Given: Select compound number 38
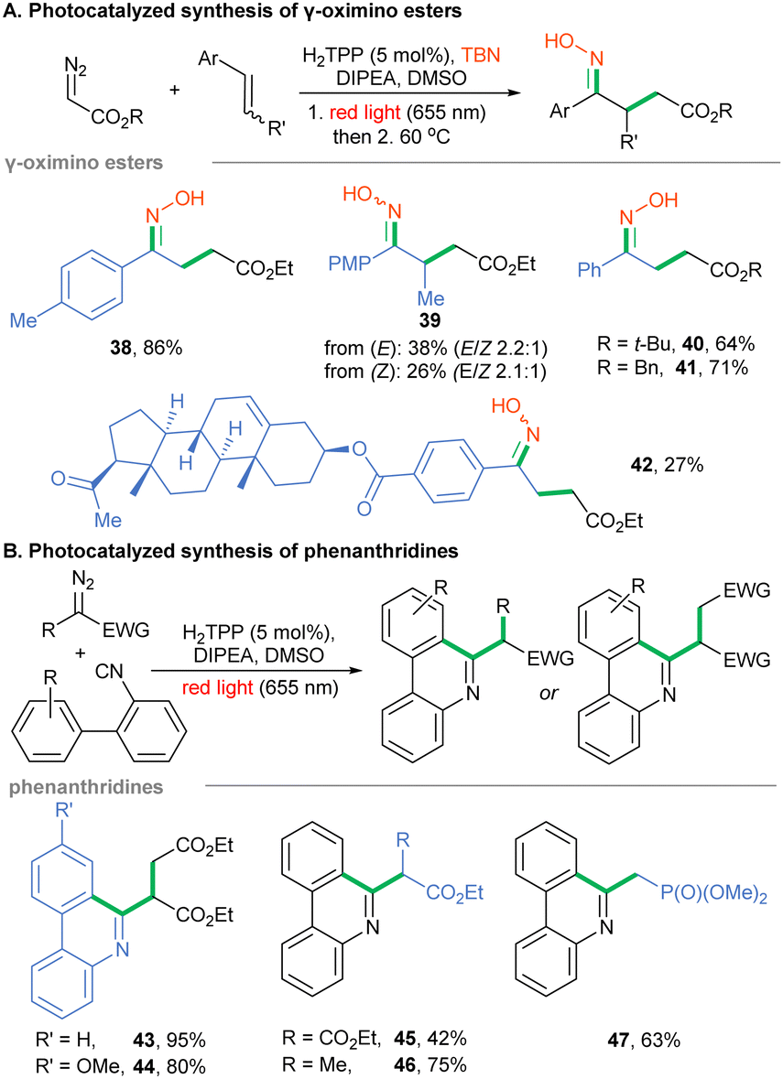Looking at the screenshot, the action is pos(121,348).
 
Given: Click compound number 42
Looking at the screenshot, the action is pos(642,465).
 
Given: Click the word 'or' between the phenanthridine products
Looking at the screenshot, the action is pos(549,693).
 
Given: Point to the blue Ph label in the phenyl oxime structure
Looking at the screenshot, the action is pos(590,270).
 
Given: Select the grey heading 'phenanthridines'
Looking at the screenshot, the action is pos(86,786).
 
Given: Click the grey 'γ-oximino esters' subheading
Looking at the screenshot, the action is pos(84,163).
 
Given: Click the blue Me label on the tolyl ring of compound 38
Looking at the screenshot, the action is pos(23,320).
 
